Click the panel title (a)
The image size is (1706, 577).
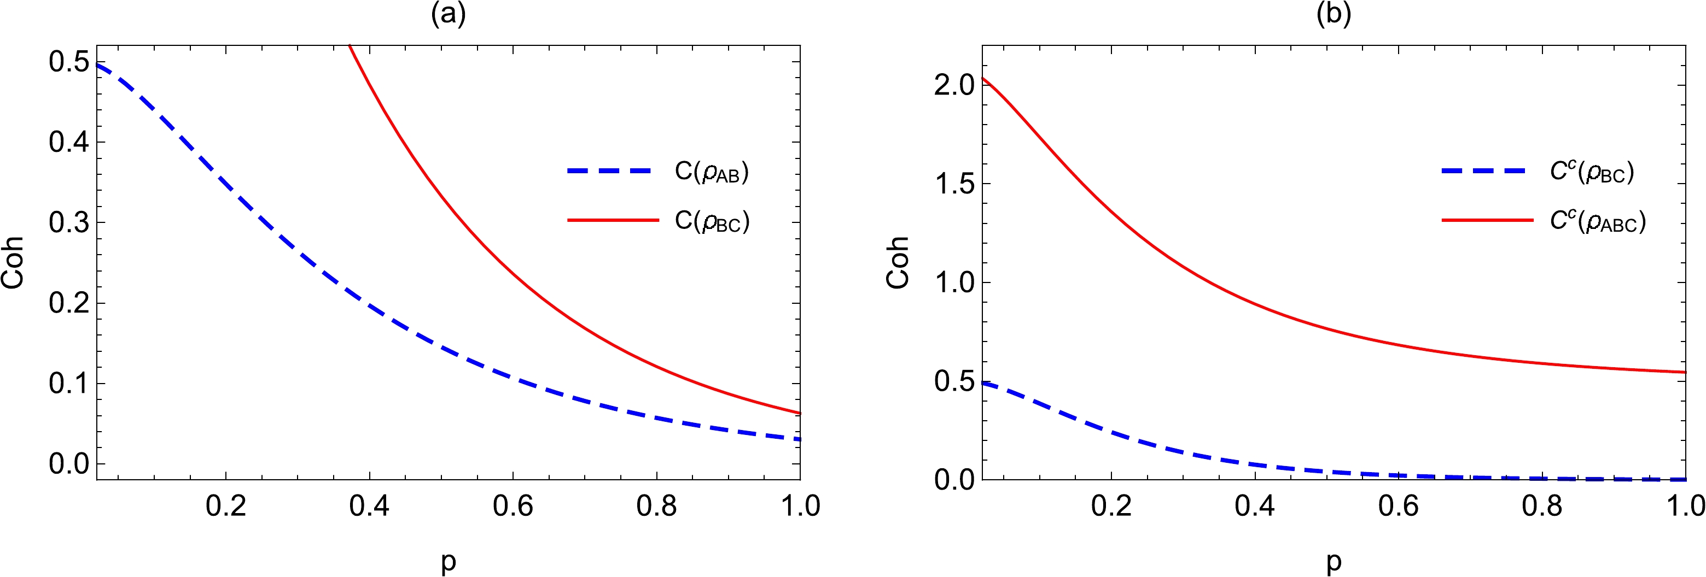pyautogui.click(x=449, y=14)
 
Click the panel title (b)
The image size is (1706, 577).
pyautogui.click(x=1333, y=14)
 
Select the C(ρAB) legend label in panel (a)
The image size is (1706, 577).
pyautogui.click(x=711, y=172)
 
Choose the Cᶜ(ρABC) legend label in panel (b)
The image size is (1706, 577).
pyautogui.click(x=1597, y=221)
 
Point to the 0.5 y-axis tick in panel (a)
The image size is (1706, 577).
pyautogui.click(x=69, y=62)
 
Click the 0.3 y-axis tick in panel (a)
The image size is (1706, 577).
pyautogui.click(x=69, y=223)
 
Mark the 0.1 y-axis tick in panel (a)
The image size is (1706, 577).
pyautogui.click(x=69, y=384)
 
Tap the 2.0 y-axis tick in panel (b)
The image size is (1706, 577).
pyautogui.click(x=954, y=85)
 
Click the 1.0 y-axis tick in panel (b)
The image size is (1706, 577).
pyautogui.click(x=954, y=282)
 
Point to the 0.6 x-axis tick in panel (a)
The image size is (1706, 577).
pyautogui.click(x=513, y=506)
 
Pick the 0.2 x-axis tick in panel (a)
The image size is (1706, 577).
pyautogui.click(x=226, y=506)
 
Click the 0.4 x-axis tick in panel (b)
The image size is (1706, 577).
pyautogui.click(x=1255, y=506)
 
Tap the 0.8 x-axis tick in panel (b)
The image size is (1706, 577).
pyautogui.click(x=1542, y=506)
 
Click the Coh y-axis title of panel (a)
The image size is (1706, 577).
pyautogui.click(x=13, y=263)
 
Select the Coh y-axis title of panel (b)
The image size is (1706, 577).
pyautogui.click(x=898, y=263)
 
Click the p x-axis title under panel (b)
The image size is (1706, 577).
pyautogui.click(x=1333, y=562)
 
